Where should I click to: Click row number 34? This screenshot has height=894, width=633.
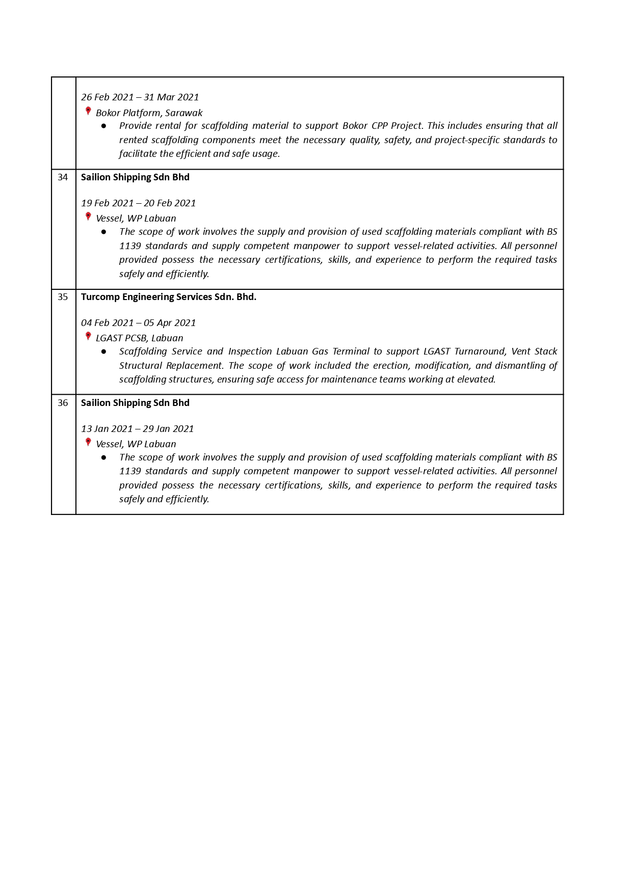(63, 177)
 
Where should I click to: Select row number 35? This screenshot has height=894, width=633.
(63, 297)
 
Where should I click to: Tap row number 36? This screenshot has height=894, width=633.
(63, 403)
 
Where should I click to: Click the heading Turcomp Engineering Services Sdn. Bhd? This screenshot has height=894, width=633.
(168, 297)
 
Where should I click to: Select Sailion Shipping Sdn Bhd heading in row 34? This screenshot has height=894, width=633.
(135, 177)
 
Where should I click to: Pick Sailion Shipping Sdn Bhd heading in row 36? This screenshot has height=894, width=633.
(135, 403)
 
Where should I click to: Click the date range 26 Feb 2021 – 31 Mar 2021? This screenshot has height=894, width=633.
(140, 97)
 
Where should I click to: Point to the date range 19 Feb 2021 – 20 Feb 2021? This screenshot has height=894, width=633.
(138, 203)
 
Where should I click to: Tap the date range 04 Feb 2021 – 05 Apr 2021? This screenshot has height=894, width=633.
(138, 323)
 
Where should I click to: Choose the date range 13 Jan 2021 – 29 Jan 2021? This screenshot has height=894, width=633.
(137, 429)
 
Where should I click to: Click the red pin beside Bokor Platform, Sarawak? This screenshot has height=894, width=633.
(88, 111)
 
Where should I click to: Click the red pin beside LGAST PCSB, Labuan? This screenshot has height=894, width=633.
(88, 336)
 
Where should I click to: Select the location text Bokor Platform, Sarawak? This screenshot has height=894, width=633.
(149, 113)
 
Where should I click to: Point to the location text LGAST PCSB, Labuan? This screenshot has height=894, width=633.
(139, 338)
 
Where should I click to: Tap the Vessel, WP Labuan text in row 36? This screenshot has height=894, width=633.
(136, 444)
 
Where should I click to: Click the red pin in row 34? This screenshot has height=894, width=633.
(88, 216)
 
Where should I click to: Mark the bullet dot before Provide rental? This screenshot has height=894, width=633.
(104, 126)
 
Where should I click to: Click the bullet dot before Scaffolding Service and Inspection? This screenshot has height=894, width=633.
(104, 351)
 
